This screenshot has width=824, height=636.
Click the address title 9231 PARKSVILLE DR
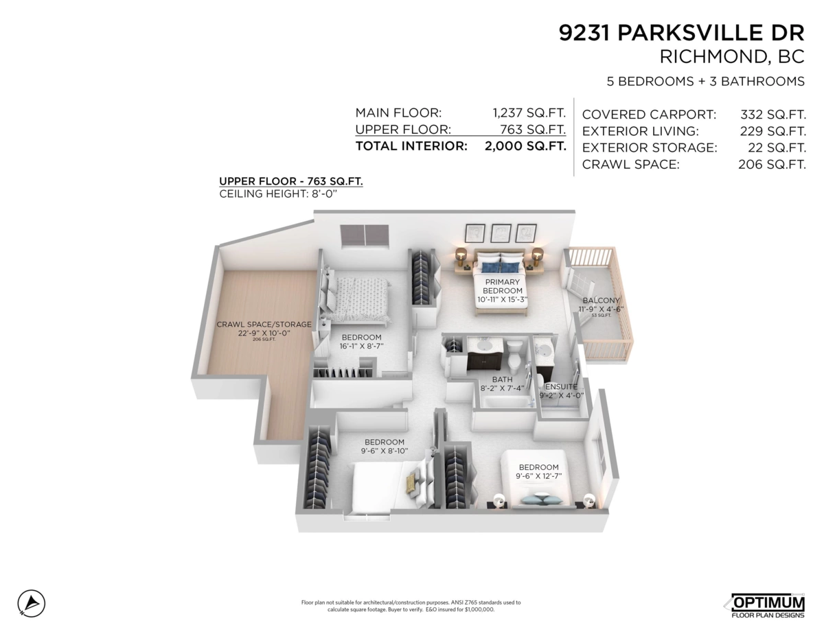(681, 32)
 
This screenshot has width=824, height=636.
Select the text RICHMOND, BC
(731, 57)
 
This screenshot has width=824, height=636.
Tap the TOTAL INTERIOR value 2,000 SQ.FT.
(525, 146)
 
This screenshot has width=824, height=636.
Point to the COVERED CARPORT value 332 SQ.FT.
(772, 114)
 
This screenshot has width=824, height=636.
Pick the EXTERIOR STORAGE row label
(649, 148)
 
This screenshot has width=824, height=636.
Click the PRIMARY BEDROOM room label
(503, 286)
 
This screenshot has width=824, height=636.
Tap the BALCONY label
(601, 301)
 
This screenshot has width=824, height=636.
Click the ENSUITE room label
(560, 387)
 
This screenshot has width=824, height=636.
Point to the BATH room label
(502, 379)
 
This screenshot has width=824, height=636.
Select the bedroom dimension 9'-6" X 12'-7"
(538, 476)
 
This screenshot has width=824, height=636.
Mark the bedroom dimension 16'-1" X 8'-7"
(361, 346)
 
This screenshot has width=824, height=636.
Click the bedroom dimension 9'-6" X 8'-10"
(384, 451)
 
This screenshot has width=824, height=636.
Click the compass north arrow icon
(32, 603)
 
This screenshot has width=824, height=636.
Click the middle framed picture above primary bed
(501, 233)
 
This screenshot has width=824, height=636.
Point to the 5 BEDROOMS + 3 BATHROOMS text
(705, 82)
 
